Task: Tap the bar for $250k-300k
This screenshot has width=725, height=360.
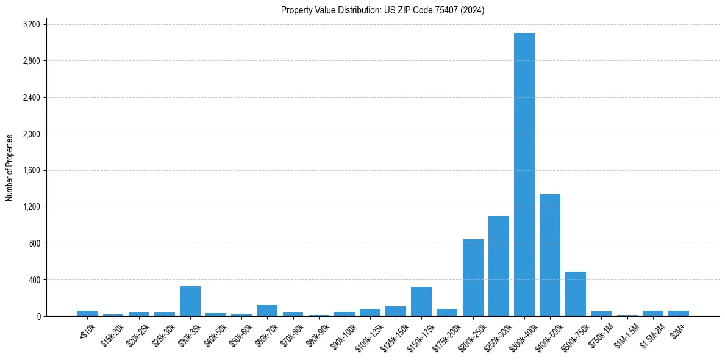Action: (499, 266)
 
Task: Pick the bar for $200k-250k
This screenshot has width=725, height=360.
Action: (473, 278)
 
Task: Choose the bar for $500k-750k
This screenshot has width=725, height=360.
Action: (576, 294)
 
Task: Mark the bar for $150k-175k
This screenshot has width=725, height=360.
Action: (421, 301)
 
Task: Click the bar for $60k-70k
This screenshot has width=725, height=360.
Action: (267, 311)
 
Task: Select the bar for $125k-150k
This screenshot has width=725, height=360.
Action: (396, 311)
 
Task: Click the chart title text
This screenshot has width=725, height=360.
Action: (382, 10)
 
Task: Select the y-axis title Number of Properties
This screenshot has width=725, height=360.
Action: (10, 168)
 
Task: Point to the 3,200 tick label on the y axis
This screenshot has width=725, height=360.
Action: (31, 24)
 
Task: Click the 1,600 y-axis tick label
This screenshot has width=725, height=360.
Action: (31, 170)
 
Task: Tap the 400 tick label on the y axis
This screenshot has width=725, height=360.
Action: (34, 280)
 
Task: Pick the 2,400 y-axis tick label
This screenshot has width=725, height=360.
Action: (31, 98)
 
